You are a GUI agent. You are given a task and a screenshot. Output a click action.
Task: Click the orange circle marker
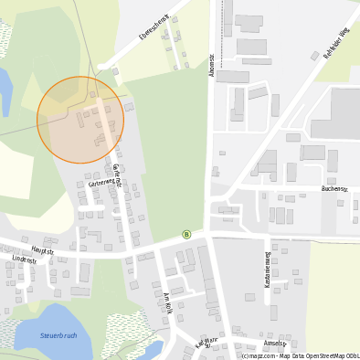coord(80,120)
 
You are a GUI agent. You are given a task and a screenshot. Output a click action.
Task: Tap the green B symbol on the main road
coord(186,234)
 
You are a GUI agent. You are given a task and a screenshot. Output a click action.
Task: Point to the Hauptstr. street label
coord(43,249)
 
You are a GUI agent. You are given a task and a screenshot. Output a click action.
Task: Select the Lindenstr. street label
coord(25,260)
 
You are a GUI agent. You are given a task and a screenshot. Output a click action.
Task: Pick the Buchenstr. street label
coord(334,189)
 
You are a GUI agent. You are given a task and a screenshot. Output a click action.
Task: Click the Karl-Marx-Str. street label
coord(209,344)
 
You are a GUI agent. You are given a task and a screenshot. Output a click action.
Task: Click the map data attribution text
coord(300,355)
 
